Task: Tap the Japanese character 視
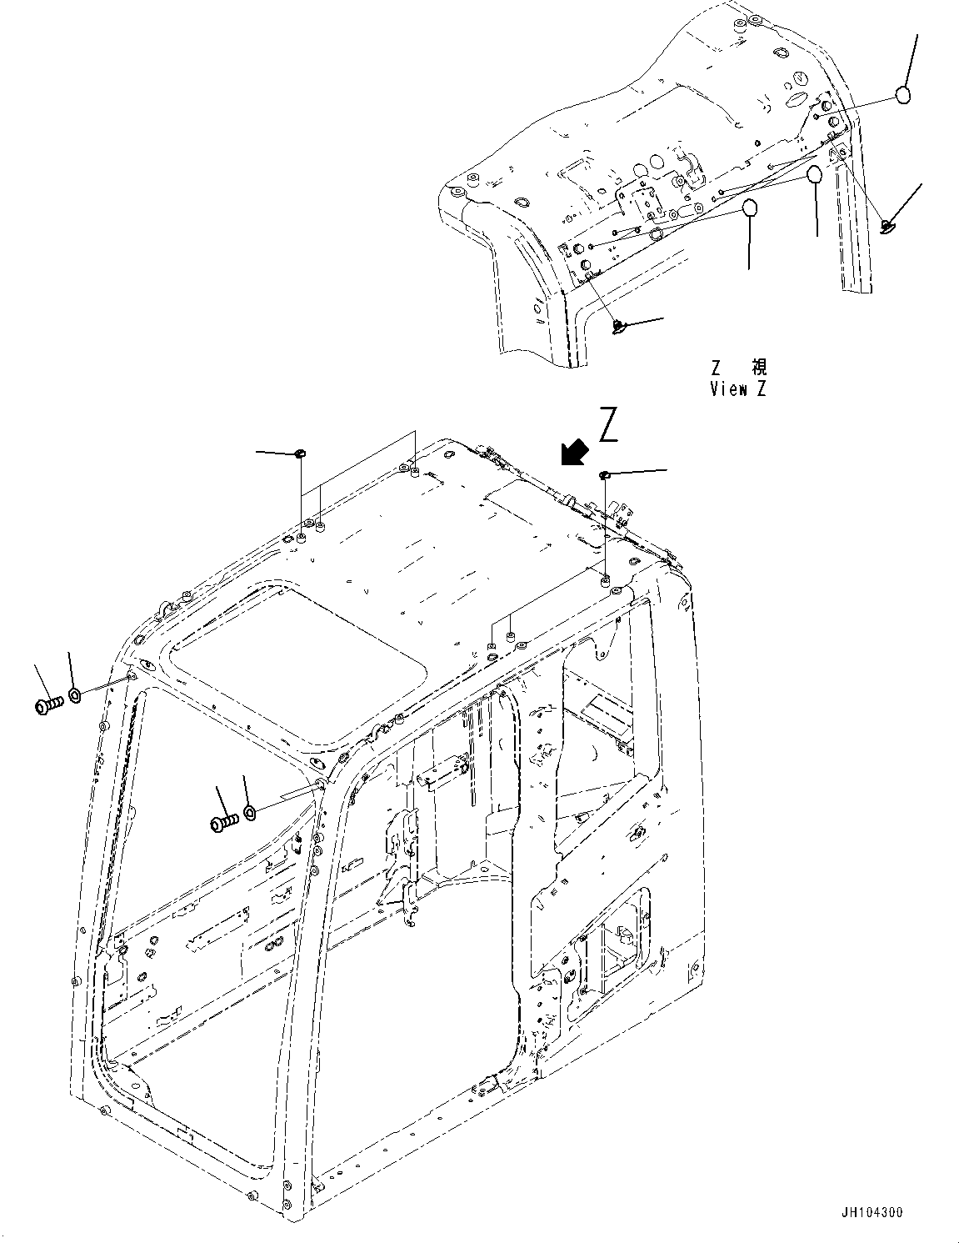[x=759, y=368]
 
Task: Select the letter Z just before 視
[x=716, y=368]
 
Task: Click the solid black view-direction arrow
[x=573, y=454]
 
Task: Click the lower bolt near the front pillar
[x=223, y=823]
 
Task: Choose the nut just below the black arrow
[x=606, y=474]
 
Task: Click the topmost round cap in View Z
[x=903, y=95]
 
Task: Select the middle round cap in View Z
[x=815, y=175]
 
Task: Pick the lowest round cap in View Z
[x=750, y=208]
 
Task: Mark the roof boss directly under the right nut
[x=606, y=578]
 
